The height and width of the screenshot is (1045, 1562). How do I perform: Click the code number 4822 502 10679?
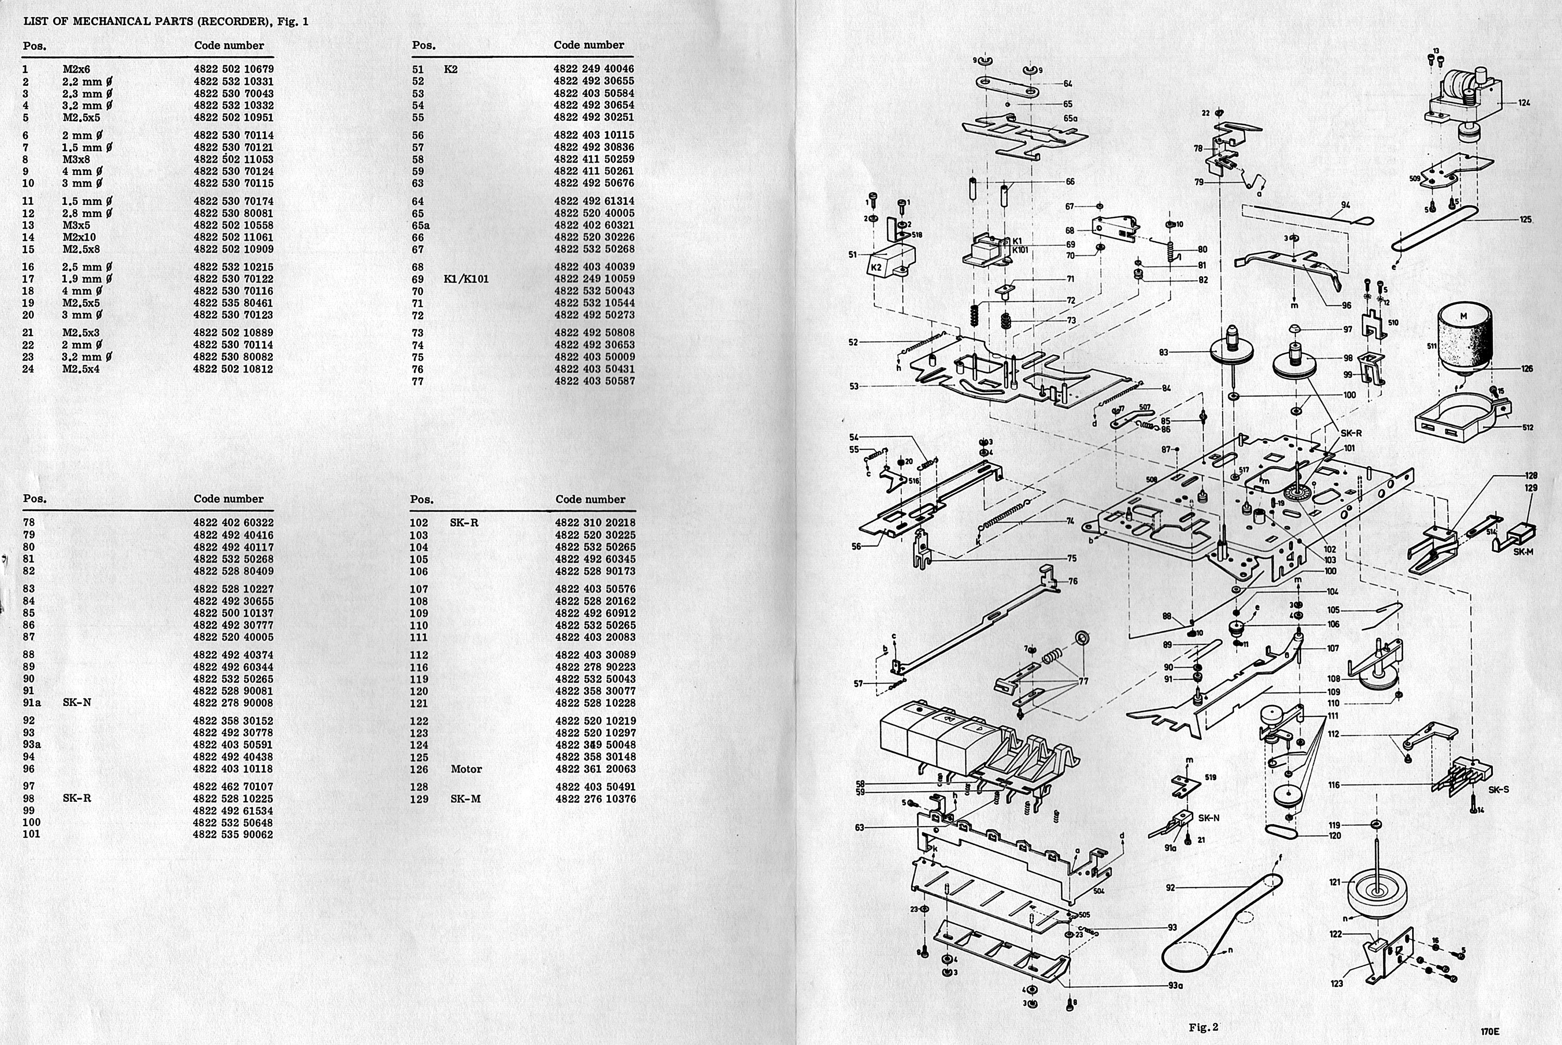click(x=233, y=69)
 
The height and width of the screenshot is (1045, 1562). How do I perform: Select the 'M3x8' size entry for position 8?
click(x=76, y=159)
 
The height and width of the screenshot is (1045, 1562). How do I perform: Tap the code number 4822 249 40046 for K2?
click(x=594, y=69)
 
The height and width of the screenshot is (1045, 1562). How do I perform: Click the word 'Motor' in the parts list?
click(x=467, y=769)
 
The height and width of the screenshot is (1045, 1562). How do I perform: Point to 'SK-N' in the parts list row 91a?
click(x=77, y=702)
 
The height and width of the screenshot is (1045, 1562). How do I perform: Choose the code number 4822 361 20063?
click(x=595, y=769)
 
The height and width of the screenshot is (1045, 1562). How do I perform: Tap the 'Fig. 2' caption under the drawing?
click(x=1203, y=1027)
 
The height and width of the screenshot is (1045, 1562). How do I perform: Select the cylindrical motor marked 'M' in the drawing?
click(x=1464, y=340)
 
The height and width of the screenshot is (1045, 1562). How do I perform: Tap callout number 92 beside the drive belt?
click(x=1170, y=887)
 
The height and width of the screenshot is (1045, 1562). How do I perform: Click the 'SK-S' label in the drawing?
click(x=1498, y=790)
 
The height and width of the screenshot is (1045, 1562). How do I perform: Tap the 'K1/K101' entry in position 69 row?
click(x=465, y=279)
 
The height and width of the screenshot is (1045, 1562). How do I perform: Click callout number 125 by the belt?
click(x=1526, y=219)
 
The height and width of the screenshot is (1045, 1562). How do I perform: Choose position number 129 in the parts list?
click(x=419, y=799)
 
